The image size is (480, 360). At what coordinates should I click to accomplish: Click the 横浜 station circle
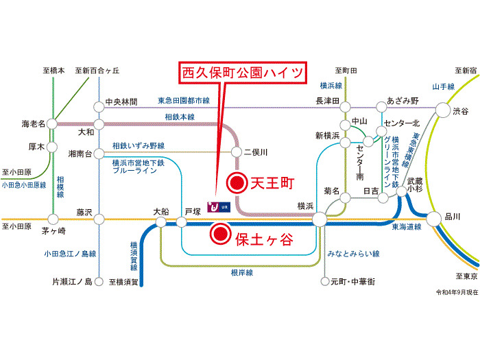(x=319, y=219)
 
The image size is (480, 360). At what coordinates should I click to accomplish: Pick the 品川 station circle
(x=434, y=219)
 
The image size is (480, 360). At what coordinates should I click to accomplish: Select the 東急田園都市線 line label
(x=183, y=101)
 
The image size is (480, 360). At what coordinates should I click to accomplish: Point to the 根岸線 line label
(x=242, y=272)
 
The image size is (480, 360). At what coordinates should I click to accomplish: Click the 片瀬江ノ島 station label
(x=72, y=281)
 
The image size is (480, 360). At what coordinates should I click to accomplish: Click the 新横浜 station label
(x=327, y=134)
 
